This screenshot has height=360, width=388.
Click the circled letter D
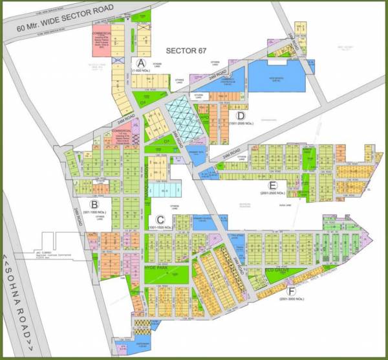coord(240,116)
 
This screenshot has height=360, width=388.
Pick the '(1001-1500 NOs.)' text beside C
coord(160,228)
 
